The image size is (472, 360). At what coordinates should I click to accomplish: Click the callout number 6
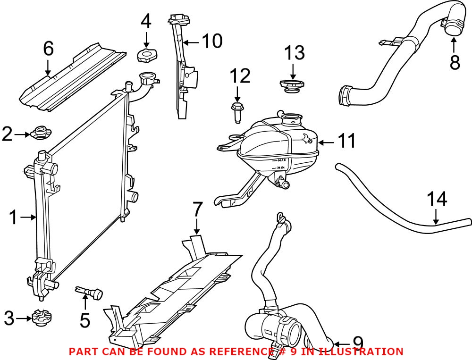click(x=49, y=49)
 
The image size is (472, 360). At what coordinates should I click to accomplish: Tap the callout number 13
click(x=295, y=53)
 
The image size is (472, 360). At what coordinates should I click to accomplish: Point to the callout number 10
click(x=212, y=41)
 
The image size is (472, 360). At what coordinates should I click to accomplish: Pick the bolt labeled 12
click(x=237, y=113)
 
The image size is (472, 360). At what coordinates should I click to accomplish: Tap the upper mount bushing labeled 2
click(x=41, y=133)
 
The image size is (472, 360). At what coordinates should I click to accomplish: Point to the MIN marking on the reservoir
click(x=280, y=167)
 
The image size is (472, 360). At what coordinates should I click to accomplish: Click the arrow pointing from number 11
click(x=326, y=142)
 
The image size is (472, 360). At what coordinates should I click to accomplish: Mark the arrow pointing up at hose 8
click(x=453, y=44)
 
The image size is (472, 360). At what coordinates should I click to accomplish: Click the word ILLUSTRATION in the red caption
click(x=361, y=351)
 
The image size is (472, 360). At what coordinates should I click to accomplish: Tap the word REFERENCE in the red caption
click(x=239, y=351)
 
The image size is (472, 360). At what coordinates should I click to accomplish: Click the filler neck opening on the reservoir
click(x=291, y=117)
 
